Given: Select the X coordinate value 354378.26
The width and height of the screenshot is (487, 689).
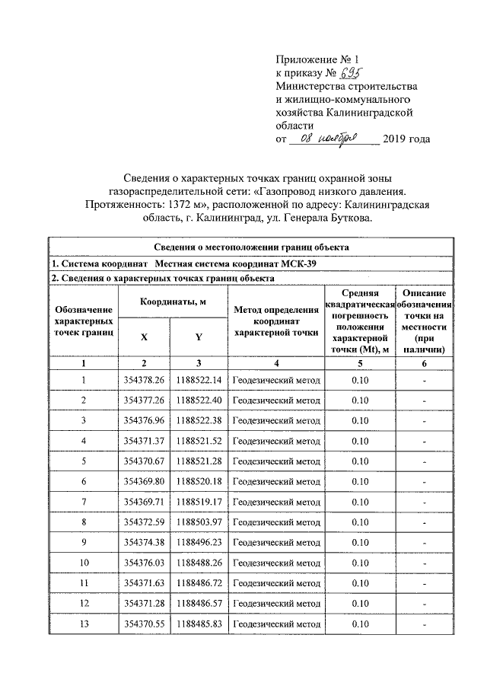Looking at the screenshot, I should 144,379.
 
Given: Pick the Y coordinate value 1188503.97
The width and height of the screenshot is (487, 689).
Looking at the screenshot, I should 198,522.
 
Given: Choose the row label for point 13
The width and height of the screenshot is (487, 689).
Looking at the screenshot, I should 84,624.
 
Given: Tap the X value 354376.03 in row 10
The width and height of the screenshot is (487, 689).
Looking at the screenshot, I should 144,563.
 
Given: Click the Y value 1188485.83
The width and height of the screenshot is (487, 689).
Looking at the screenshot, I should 198,624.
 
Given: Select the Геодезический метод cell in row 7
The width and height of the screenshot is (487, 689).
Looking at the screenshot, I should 275,502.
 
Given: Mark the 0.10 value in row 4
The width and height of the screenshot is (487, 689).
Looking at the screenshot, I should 360,441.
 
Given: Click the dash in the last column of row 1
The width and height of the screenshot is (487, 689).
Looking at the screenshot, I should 424,379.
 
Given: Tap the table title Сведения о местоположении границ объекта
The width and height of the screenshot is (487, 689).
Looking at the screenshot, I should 251,247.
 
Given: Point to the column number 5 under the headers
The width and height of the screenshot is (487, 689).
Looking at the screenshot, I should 360,363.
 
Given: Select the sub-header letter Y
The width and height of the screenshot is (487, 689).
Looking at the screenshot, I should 198,336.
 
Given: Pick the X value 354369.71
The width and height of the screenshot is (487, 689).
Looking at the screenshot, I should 144,502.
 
